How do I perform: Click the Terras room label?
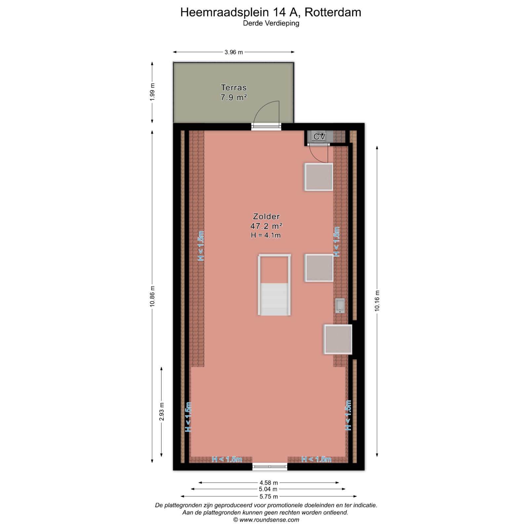coord(234,88)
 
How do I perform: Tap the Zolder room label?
coord(266,217)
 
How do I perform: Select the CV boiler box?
coord(319,137)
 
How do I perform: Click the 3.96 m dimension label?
coord(234,52)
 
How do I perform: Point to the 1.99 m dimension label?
coord(152,92)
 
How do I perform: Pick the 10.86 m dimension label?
coord(152,296)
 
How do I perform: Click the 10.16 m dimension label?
coord(377,301)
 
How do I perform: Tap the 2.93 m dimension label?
coord(162,412)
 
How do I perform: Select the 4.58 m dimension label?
coord(269,483)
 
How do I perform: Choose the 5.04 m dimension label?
coord(268,489)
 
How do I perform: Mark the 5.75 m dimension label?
coord(269,496)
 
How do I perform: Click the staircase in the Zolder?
coord(274,285)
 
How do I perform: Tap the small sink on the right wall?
coord(340,306)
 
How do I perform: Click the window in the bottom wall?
coord(270,467)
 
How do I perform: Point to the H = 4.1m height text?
coord(266,235)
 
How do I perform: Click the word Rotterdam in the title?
coord(333,12)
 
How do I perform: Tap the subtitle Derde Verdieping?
coord(271,23)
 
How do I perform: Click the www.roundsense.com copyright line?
coord(266,520)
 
